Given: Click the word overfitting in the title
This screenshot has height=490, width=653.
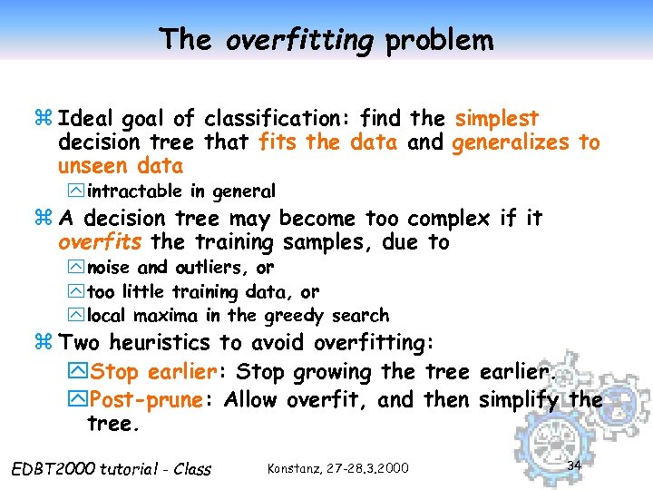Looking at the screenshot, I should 299,41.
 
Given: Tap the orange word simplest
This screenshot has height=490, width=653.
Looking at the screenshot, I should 497,119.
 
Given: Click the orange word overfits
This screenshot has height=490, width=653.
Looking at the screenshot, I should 100,242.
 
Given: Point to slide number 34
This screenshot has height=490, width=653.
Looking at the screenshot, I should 573,465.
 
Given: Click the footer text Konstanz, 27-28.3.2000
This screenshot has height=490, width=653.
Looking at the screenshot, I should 338,468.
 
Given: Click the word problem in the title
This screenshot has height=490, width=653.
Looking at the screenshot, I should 439,41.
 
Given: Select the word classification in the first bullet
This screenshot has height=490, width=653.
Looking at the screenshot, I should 278,119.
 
